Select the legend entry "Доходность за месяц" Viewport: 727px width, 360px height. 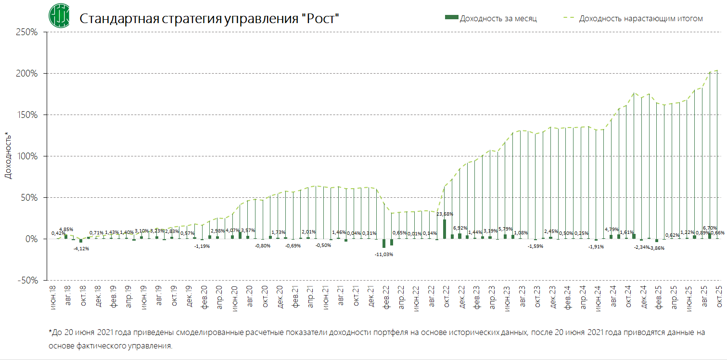click(498, 18)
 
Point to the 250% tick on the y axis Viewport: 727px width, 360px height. click(27, 32)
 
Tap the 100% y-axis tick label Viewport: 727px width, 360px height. click(27, 156)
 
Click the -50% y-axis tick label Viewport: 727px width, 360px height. click(27, 280)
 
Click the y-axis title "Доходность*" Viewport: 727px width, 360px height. click(8, 155)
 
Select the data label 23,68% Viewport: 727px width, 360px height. click(445, 214)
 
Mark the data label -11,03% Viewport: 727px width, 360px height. click(384, 254)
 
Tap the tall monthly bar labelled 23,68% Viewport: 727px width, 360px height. click(445, 229)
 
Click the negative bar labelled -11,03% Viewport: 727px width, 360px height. click(384, 243)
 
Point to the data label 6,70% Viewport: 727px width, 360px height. click(710, 228)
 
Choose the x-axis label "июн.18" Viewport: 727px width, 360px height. click(53, 296)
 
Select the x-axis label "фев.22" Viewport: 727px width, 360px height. click(386, 296)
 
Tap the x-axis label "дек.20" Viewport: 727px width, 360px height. click(280, 296)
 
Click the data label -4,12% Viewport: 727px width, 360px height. click(81, 248)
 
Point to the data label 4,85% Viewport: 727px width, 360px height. click(66, 229)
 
